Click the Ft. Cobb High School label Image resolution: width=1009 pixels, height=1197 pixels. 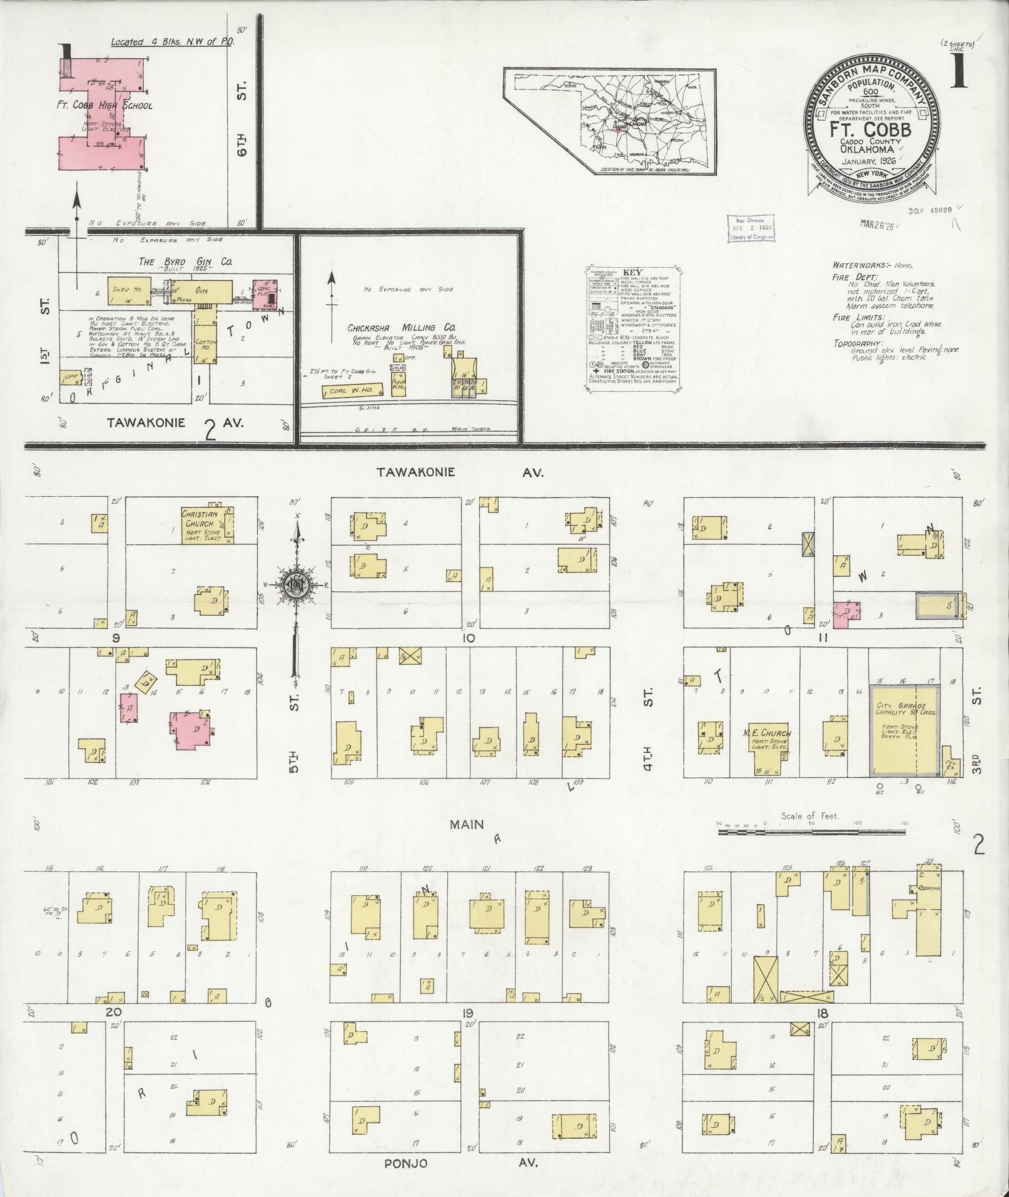(x=109, y=105)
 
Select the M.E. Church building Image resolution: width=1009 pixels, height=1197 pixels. (x=768, y=744)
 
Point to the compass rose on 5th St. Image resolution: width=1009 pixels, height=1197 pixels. (x=294, y=584)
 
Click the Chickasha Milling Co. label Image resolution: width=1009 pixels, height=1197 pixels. (x=402, y=328)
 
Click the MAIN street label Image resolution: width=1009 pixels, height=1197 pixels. (x=466, y=824)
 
